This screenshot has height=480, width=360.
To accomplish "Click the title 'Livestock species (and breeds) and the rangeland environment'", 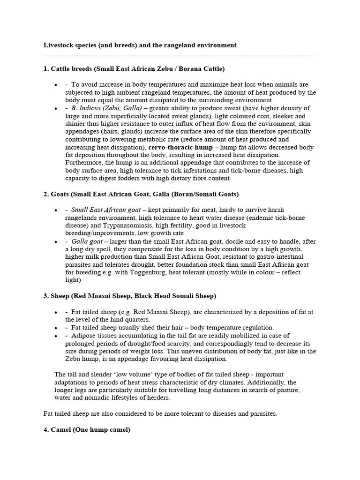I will point(140,45).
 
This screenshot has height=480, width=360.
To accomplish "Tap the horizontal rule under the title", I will point(179,55).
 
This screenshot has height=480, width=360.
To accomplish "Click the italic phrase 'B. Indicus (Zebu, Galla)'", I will point(100,108).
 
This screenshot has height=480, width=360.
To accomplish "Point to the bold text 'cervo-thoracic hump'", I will point(180,147).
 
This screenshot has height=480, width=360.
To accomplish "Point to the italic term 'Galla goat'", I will point(87,241).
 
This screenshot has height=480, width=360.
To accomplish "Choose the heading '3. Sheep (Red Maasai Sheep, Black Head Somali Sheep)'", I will point(130,296).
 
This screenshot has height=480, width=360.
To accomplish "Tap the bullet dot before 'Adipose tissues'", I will point(56,336).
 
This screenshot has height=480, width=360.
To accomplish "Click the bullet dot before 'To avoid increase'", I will point(56,85).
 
